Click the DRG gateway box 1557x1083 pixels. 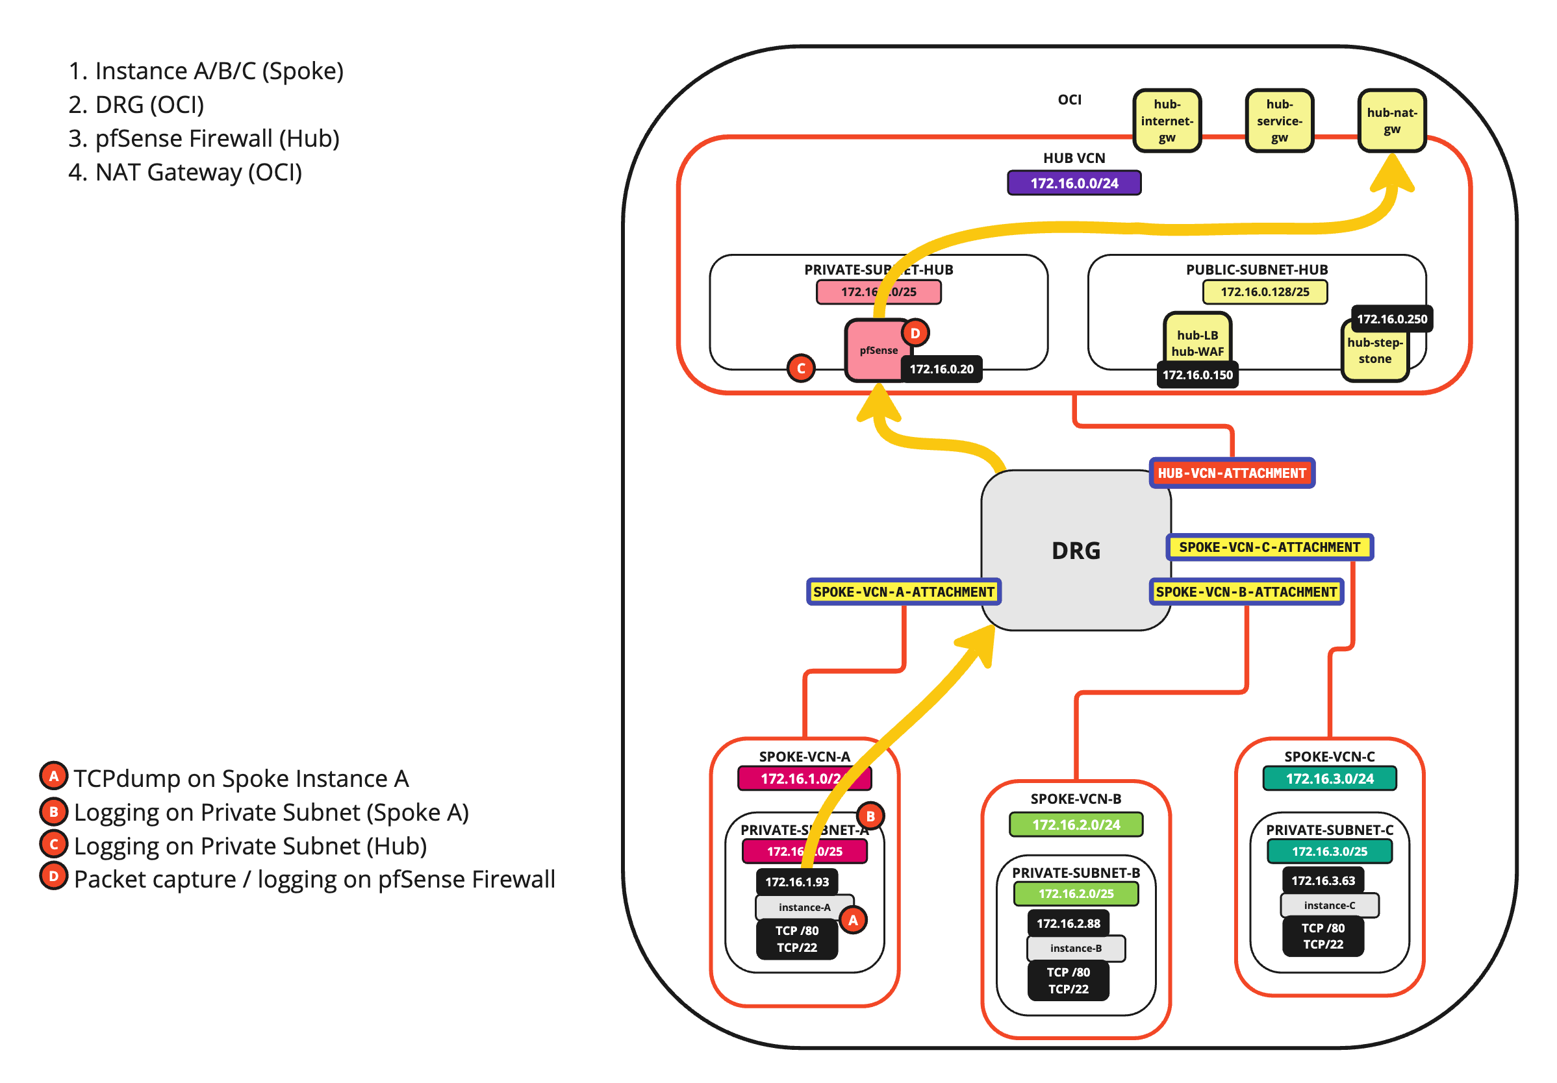[x=1076, y=551]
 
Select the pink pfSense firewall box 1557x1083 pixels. [x=875, y=350]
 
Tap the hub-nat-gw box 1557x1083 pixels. [x=1391, y=121]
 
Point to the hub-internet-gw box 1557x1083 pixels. [x=1167, y=121]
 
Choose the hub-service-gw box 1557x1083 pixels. [x=1279, y=121]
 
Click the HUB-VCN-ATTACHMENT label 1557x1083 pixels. [x=1232, y=473]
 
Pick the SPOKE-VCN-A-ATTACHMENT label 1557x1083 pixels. [x=904, y=591]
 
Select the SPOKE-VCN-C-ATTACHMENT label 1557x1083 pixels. [x=1269, y=547]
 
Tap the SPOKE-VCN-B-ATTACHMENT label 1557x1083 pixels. [x=1246, y=591]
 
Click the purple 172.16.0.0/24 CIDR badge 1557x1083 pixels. [x=1074, y=183]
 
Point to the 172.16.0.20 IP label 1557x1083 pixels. [x=941, y=369]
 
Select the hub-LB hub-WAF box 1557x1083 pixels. [x=1197, y=343]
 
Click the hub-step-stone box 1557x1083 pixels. [x=1374, y=351]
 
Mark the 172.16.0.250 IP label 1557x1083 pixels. [x=1391, y=319]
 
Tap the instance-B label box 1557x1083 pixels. [x=1076, y=948]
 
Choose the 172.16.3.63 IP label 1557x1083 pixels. [x=1323, y=880]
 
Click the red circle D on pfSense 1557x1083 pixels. [x=915, y=333]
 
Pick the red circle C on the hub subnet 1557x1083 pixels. [x=801, y=368]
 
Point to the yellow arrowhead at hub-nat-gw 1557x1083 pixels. [x=1391, y=173]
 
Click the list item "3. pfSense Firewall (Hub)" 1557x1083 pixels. [x=203, y=138]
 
